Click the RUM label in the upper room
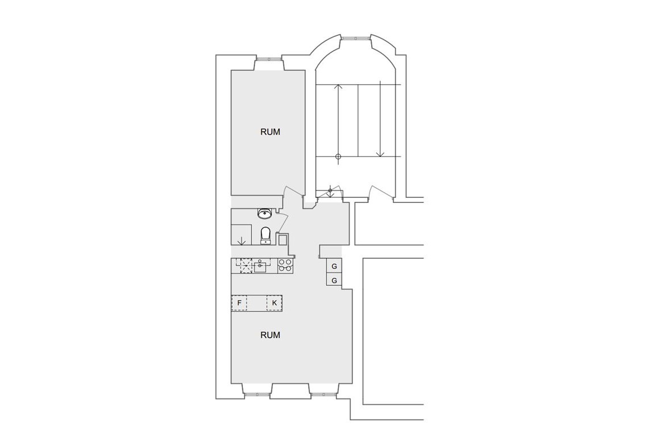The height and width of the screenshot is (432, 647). pos(270,132)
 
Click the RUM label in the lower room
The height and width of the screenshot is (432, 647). pos(270,335)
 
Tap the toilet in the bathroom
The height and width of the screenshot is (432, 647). pos(265,236)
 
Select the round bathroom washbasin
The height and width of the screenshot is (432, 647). pos(264,214)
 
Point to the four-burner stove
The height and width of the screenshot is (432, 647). pos(285,265)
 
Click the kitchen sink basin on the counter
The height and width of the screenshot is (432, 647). pos(261,267)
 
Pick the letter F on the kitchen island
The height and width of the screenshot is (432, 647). pos(240,303)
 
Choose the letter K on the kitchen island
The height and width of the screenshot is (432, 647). pos(274,303)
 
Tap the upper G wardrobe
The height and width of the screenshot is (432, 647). pos(334,266)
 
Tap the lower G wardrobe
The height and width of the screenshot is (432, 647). pos(334,280)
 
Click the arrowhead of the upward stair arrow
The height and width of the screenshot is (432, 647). pos(338,87)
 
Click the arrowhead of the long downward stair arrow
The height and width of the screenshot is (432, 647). pos(380,154)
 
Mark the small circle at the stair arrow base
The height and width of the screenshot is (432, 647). pos(338,156)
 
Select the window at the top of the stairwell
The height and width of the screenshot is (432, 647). pos(355,38)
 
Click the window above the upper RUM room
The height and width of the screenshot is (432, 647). pos(270,59)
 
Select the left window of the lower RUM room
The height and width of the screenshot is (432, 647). pos(258,394)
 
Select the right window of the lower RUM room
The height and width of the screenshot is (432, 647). pos(324,394)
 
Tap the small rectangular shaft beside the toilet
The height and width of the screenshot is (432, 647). pos(283,240)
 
